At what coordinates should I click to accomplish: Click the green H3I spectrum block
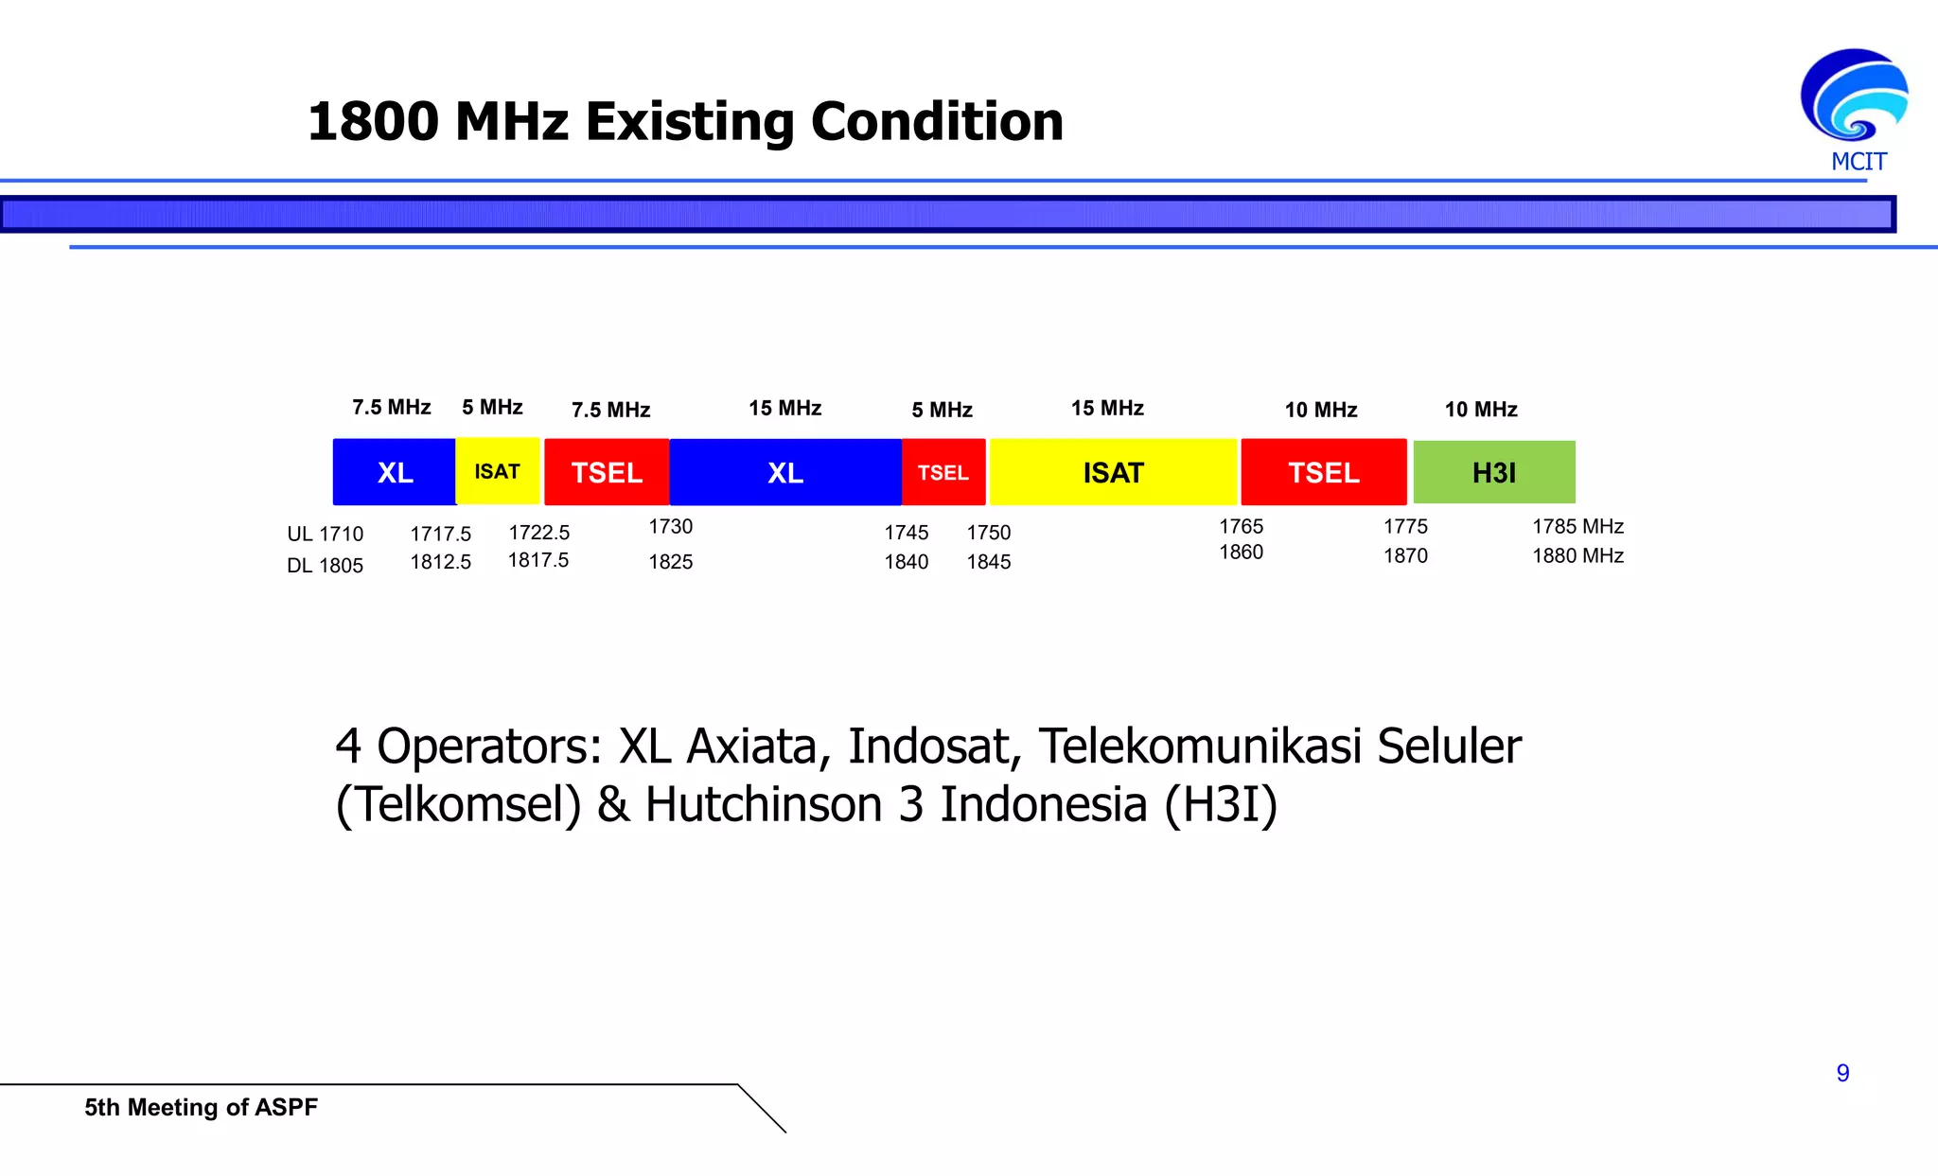click(1494, 472)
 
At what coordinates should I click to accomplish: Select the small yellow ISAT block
click(498, 471)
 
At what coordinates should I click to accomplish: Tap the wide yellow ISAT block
click(1113, 472)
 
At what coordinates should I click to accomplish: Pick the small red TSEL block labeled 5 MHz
click(943, 472)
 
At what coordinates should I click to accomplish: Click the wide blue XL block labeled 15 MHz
click(785, 472)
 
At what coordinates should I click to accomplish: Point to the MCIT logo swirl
click(1854, 97)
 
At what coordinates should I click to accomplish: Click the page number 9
click(1842, 1073)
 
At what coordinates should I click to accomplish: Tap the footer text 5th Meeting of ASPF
click(201, 1107)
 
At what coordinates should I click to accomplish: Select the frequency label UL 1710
click(325, 534)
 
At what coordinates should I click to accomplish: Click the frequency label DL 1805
click(325, 566)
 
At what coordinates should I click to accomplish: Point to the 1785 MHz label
click(1577, 526)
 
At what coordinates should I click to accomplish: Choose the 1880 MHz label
click(1577, 555)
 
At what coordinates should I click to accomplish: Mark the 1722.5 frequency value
click(538, 533)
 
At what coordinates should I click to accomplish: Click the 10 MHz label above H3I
click(1481, 410)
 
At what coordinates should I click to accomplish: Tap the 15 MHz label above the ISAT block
click(1107, 408)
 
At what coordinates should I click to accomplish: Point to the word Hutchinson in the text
click(764, 805)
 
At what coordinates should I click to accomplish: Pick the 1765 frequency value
click(1241, 526)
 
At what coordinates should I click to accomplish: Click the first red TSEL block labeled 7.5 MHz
click(607, 472)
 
